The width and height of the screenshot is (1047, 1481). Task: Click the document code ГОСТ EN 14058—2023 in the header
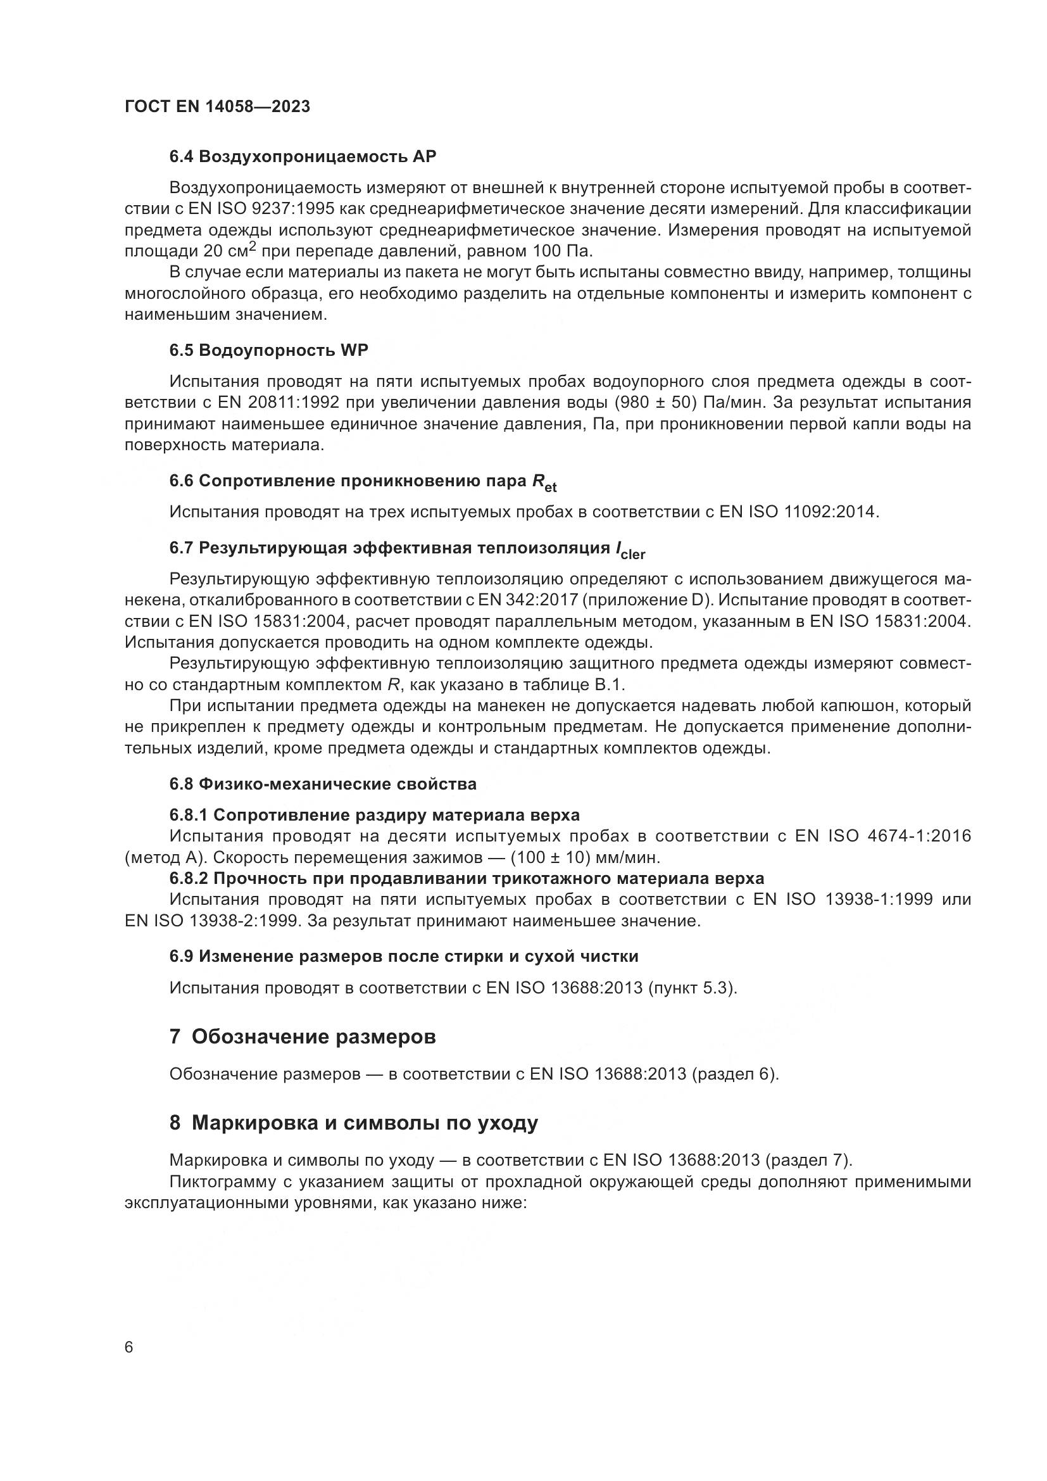(217, 107)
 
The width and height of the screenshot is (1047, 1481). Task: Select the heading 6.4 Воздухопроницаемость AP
(303, 157)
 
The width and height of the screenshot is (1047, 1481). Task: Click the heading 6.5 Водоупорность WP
(269, 350)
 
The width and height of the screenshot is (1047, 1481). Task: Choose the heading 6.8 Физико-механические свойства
(323, 784)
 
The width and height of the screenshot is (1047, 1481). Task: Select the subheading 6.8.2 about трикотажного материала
(467, 879)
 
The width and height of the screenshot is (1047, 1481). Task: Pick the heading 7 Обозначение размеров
(303, 1037)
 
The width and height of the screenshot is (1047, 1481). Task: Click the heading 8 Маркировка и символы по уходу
(353, 1123)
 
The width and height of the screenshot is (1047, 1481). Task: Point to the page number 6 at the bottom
(129, 1347)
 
